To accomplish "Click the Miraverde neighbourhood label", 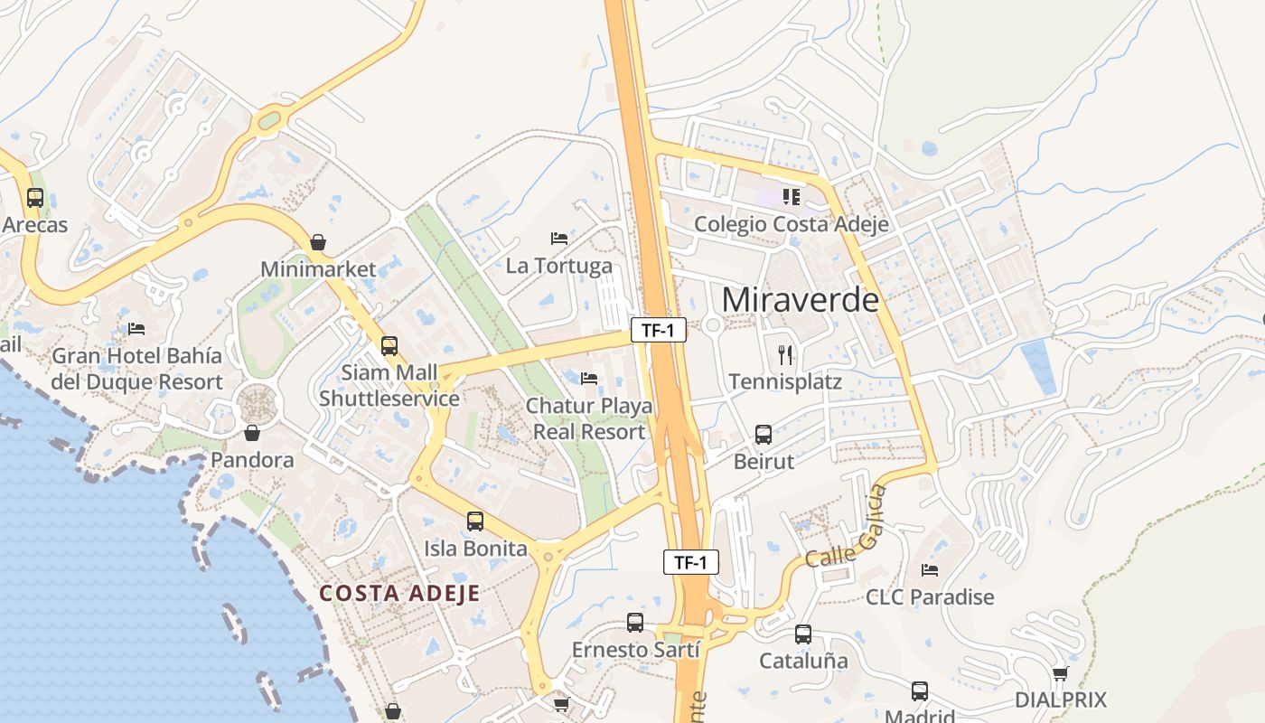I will [800, 299].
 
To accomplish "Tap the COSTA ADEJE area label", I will [399, 593].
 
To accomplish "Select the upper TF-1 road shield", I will [658, 331].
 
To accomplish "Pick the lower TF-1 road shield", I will [690, 562].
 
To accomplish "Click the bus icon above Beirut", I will [764, 435].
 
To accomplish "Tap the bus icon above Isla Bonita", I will [475, 521].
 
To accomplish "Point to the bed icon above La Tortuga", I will [559, 239].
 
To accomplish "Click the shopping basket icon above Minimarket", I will [318, 242].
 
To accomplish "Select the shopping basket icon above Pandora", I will [252, 433].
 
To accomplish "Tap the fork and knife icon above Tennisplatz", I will [784, 354].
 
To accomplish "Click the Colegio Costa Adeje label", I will [791, 224].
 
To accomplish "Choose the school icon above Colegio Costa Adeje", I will [792, 197].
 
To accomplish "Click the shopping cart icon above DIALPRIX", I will [1061, 673].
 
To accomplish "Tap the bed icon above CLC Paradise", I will [930, 570].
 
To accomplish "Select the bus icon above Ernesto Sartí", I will [635, 623].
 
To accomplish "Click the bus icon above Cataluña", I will [803, 634].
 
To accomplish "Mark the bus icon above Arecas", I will [35, 197].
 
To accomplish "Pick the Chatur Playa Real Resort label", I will [589, 418].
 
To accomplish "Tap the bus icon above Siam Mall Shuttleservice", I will [389, 346].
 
